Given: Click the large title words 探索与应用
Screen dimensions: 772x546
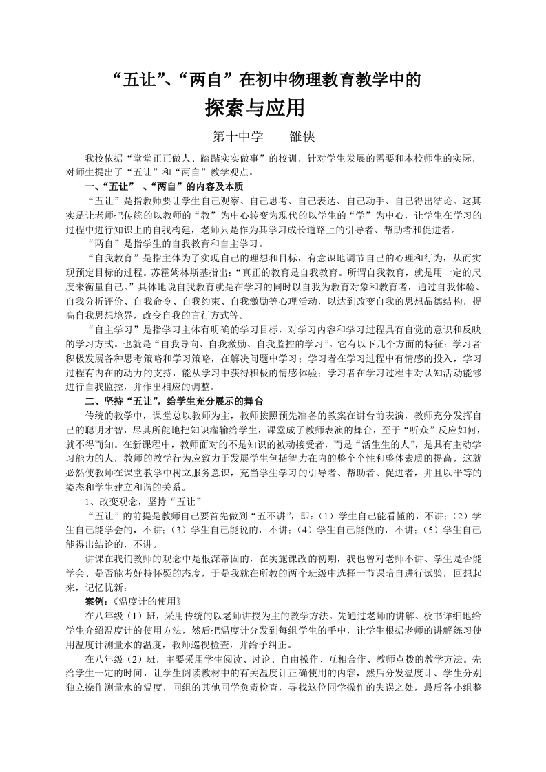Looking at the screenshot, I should pos(255,109).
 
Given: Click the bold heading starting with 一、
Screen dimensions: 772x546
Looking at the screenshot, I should pos(162,186).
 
